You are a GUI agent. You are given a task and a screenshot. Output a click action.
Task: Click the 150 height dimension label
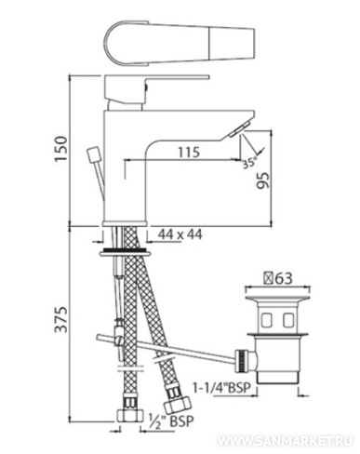(61, 148)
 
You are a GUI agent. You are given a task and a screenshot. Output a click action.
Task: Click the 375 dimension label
(61, 319)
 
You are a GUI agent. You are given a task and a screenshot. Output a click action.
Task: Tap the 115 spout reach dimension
(189, 153)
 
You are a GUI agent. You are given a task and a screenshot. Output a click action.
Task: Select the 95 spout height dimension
(263, 180)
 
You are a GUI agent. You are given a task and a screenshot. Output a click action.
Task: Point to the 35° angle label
(250, 163)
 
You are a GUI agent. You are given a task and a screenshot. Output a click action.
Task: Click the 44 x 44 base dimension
(180, 234)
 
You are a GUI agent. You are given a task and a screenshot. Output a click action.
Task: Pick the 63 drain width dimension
(278, 278)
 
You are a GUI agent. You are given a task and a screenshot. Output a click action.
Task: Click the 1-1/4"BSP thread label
(221, 388)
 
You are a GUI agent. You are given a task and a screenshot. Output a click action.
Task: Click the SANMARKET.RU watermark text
(285, 441)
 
